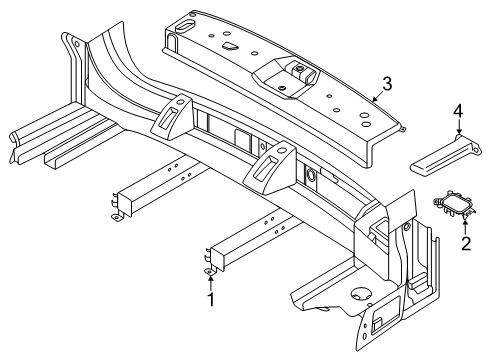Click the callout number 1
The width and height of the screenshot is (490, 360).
211,300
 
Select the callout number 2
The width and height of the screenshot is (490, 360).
466,243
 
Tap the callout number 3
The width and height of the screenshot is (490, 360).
387,84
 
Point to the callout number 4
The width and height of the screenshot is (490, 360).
458,111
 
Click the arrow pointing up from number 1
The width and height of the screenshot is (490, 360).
210,282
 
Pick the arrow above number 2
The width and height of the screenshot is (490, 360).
465,225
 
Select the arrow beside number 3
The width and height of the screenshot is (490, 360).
377,97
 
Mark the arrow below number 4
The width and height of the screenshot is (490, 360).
459,127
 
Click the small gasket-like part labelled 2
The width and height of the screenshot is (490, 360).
454,205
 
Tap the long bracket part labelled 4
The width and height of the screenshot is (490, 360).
445,154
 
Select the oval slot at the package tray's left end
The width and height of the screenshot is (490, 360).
185,26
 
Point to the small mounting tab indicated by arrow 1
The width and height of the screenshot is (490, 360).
209,272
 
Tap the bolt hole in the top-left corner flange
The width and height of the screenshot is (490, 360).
77,44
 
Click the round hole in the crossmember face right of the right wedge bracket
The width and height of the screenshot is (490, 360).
311,175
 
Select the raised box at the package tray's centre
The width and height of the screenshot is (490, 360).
285,77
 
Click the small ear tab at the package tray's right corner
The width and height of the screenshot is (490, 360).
402,128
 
